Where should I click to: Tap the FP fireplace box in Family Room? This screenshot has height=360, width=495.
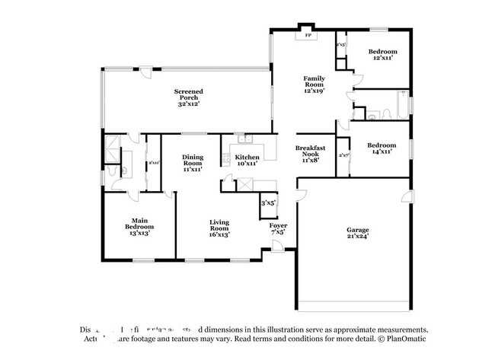[x=308, y=35]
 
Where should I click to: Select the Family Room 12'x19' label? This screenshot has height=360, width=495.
[x=315, y=84]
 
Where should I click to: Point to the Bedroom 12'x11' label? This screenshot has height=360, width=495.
[x=382, y=54]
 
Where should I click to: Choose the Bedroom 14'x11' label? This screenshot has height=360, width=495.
[x=382, y=148]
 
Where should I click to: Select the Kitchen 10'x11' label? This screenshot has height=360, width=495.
[x=246, y=160]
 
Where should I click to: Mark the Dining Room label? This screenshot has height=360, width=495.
[x=192, y=164]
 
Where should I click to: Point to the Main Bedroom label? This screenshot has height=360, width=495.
[x=139, y=227]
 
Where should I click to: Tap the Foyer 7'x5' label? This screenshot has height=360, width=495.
[x=278, y=228]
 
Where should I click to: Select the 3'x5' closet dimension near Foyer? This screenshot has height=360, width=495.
[x=268, y=203]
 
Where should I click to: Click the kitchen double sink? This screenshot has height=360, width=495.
[x=244, y=139]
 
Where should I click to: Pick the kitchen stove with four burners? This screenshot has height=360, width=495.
[x=225, y=159]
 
